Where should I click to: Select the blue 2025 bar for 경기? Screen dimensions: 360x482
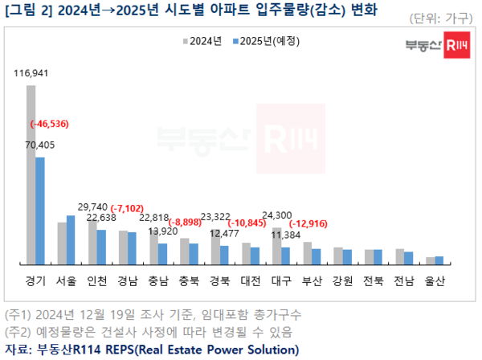pos(40,210)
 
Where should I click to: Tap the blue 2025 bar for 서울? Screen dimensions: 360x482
pos(71,239)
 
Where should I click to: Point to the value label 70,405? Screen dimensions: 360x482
pos(41,145)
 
